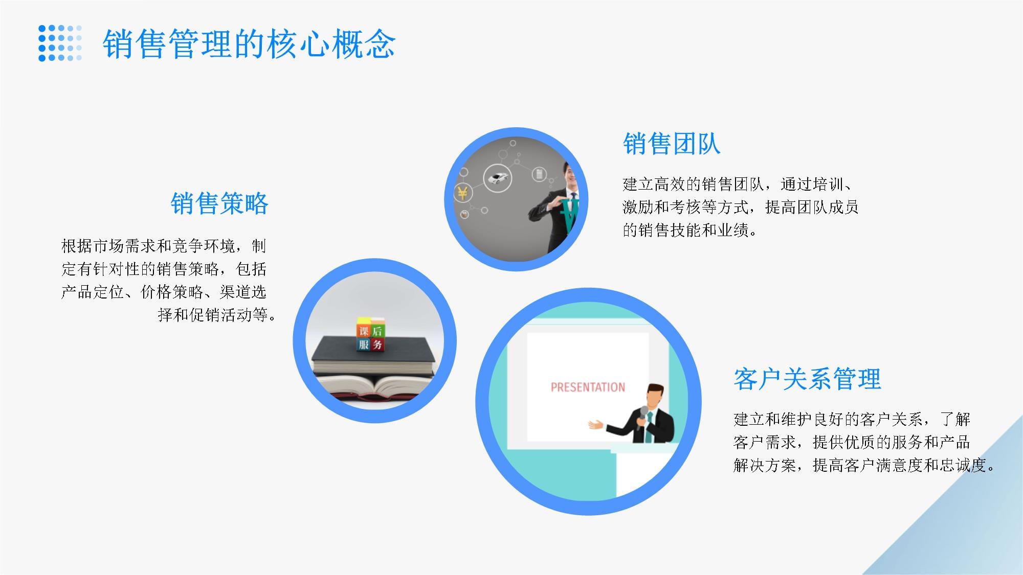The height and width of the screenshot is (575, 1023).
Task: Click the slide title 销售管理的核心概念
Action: [x=249, y=44]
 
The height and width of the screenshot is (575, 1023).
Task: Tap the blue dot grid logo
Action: [x=60, y=43]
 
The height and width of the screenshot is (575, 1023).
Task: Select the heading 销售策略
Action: [x=219, y=203]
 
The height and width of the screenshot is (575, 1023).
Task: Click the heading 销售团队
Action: [x=672, y=144]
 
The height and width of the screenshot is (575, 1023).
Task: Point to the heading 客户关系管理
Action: [x=807, y=379]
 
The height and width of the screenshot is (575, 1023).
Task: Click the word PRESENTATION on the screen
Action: [x=588, y=387]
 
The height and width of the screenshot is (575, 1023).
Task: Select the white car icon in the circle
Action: [x=497, y=178]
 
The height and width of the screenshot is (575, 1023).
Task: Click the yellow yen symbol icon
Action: [x=462, y=193]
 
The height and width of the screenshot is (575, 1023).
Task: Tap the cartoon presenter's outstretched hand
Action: [x=596, y=424]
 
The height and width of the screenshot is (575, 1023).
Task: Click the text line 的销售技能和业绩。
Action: [x=690, y=231]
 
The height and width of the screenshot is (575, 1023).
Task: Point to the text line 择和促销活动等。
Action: [x=217, y=315]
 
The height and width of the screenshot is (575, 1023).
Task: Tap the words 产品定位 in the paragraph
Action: [x=93, y=292]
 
